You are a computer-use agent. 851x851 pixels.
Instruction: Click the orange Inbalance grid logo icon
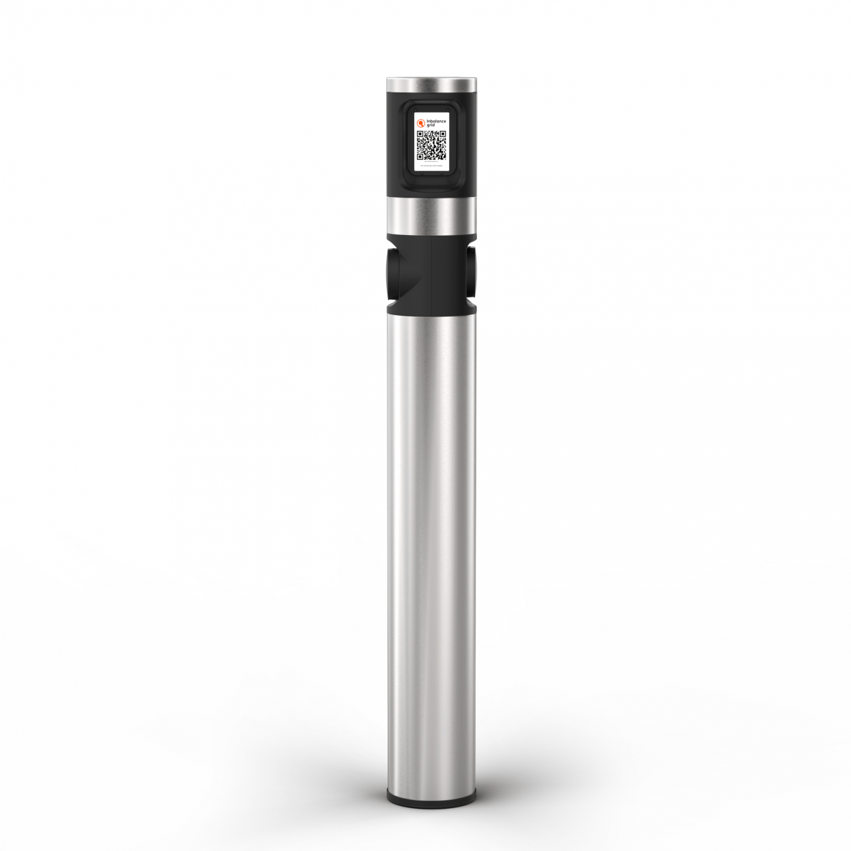[421, 122]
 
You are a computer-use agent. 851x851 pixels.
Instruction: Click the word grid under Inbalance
[431, 125]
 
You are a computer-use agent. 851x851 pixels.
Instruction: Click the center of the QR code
[431, 145]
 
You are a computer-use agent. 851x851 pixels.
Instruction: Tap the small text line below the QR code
[431, 165]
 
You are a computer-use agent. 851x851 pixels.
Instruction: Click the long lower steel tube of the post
[432, 537]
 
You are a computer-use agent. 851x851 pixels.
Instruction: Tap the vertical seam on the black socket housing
[432, 276]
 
